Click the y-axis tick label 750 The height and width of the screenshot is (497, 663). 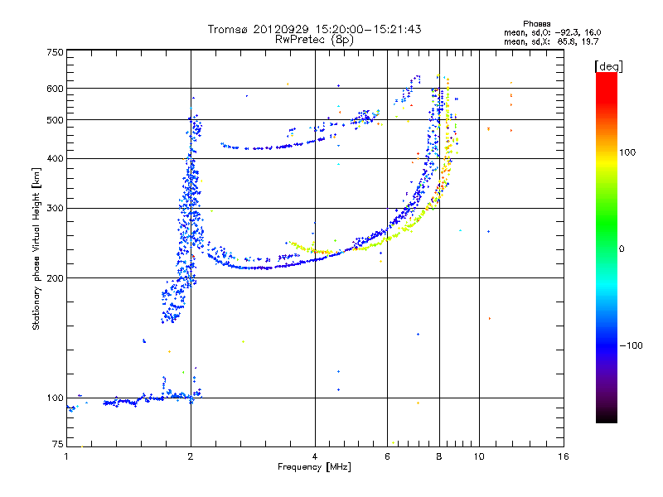[54, 52]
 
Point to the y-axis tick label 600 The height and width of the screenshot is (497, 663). [54, 88]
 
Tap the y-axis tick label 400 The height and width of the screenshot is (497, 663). [54, 158]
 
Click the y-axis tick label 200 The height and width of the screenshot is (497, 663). [54, 277]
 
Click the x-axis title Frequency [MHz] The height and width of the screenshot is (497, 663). [314, 467]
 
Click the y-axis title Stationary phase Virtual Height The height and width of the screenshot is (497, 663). [36, 248]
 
